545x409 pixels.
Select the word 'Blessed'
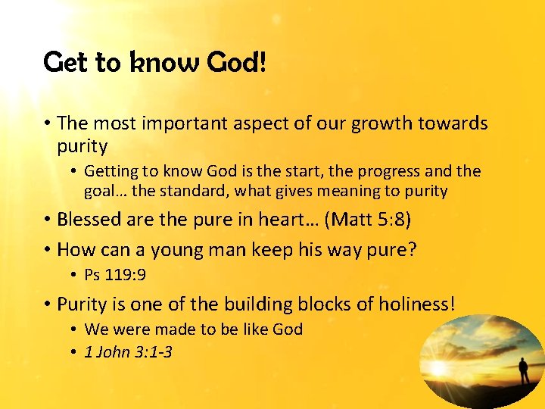pyautogui.click(x=90, y=220)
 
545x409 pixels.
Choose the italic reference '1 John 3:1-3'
pyautogui.click(x=129, y=351)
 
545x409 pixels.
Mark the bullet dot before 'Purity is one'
pyautogui.click(x=47, y=305)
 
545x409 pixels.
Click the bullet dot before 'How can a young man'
pyautogui.click(x=47, y=249)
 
